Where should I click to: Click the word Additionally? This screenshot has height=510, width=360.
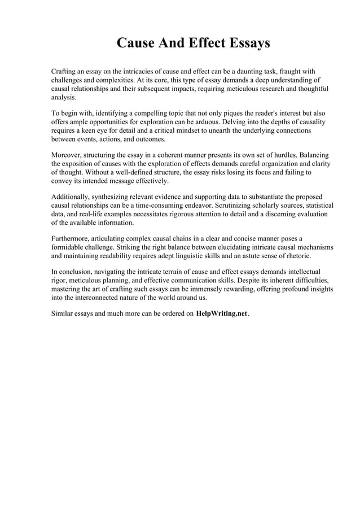[x=71, y=196]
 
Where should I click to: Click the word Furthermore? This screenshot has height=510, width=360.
[x=71, y=238]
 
